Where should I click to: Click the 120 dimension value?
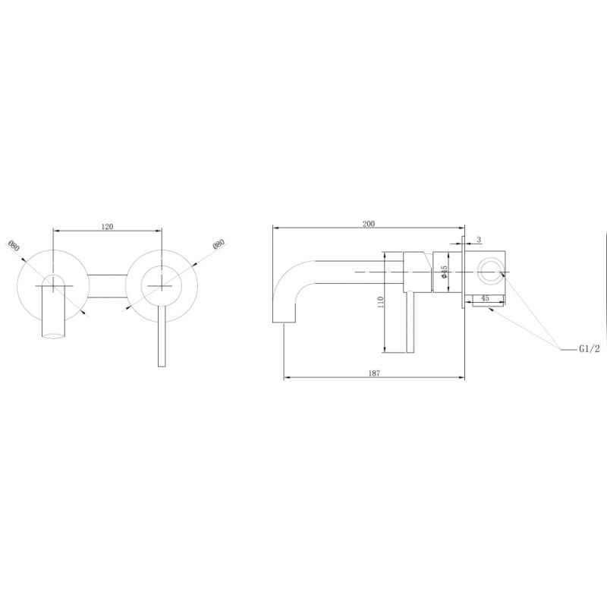107,226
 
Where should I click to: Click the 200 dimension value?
369,224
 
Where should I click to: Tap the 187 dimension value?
374,373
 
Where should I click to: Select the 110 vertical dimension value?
381,302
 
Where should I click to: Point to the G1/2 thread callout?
590,349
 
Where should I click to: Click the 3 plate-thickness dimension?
479,240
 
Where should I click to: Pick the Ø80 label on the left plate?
14,246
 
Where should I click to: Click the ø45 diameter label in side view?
444,272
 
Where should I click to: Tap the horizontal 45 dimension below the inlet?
485,298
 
